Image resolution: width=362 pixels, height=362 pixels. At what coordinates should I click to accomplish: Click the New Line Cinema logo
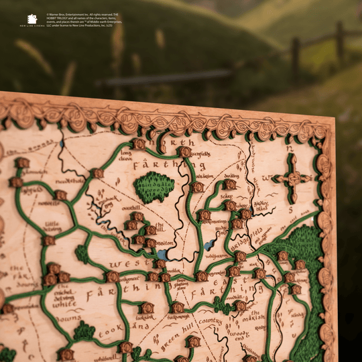click(x=32, y=21)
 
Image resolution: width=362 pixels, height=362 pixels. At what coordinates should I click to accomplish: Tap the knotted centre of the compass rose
click(x=291, y=178)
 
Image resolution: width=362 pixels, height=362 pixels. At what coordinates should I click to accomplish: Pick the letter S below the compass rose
click(x=290, y=209)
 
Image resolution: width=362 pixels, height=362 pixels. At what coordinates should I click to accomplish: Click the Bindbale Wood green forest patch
click(x=154, y=186)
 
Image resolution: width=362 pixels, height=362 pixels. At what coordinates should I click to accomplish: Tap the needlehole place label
click(x=70, y=181)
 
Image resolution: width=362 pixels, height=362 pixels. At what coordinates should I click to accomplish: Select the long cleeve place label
click(x=125, y=156)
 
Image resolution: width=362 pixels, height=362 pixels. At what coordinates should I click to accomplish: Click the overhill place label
click(x=131, y=208)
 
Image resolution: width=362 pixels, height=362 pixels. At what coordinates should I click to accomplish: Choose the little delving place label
click(x=52, y=228)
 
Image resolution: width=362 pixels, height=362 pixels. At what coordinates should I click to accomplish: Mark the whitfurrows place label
click(x=217, y=255)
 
